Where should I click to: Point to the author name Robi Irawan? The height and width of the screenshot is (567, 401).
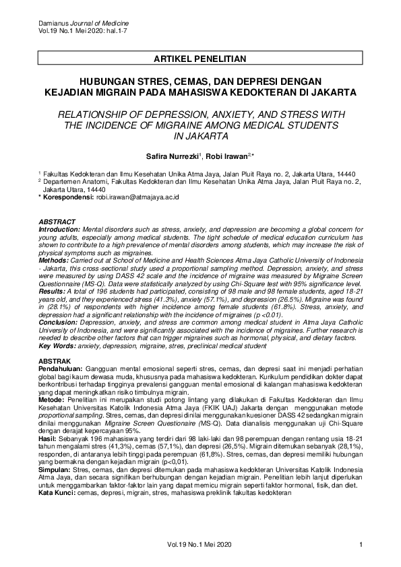(x=228, y=156)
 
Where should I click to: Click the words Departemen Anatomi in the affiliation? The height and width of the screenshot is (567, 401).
(x=72, y=182)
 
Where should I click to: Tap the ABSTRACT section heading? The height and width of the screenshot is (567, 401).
(x=57, y=222)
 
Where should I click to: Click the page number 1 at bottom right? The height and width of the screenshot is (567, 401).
(x=362, y=545)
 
